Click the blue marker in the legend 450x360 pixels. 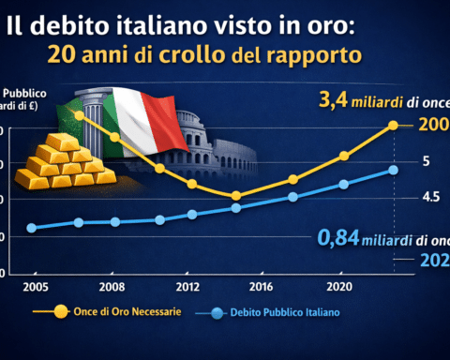coord(217,310)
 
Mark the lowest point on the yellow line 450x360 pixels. coord(235,196)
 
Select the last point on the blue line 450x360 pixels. coord(394,170)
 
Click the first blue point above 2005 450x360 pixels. coord(32,228)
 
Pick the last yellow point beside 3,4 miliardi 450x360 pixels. coord(394,125)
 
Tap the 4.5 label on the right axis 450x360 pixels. coord(431,197)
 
